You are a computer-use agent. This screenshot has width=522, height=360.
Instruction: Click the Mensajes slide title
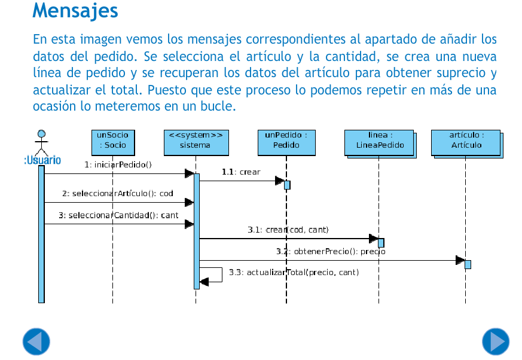click(x=75, y=11)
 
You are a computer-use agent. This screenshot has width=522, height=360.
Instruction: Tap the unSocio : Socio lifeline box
click(x=113, y=143)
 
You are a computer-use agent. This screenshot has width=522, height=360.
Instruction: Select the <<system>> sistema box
click(x=196, y=143)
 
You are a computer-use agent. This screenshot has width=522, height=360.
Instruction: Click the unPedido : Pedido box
click(x=286, y=143)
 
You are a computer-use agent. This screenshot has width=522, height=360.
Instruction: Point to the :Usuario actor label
click(x=42, y=160)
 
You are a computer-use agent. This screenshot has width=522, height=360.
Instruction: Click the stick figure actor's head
click(x=42, y=134)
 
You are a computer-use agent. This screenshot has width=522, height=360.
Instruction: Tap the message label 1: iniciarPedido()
click(x=118, y=165)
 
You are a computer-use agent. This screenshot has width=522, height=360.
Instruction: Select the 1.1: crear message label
click(x=241, y=172)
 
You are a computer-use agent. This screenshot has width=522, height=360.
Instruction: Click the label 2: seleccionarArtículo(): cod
click(x=118, y=194)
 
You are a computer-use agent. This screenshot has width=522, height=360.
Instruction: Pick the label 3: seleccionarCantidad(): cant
click(x=118, y=215)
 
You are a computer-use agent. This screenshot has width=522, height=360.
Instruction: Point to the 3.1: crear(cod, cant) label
click(x=288, y=230)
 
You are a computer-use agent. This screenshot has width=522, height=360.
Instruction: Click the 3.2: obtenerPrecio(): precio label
click(x=331, y=251)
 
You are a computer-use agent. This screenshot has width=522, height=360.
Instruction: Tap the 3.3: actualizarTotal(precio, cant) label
click(x=294, y=273)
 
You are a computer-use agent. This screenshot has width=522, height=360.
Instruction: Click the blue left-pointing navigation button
click(x=36, y=341)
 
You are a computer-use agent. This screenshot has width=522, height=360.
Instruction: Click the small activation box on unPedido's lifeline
click(x=287, y=185)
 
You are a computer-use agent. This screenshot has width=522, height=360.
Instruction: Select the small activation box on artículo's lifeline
click(x=468, y=264)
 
